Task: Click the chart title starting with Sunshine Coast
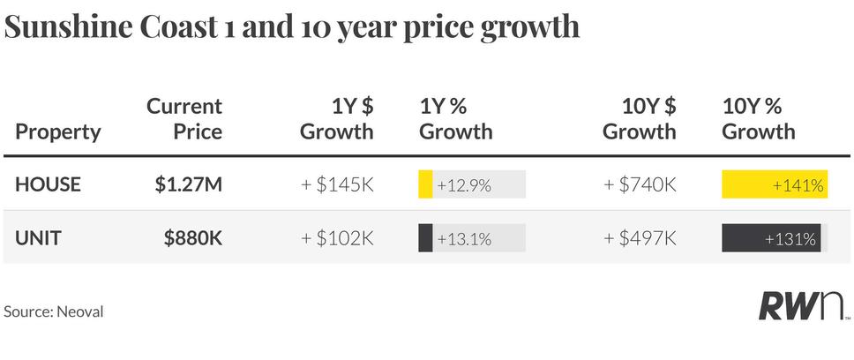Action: click(291, 26)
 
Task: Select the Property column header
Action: click(58, 132)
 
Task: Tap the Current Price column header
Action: click(184, 119)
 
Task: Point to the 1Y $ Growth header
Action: click(337, 119)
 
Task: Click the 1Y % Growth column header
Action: click(456, 119)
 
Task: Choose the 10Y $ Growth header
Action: click(640, 119)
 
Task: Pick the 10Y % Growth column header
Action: click(759, 119)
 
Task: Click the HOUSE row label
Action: click(48, 184)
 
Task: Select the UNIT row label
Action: click(38, 238)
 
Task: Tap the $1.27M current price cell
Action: click(189, 184)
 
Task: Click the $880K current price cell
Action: click(193, 238)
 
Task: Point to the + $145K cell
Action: click(337, 184)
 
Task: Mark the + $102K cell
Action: click(337, 238)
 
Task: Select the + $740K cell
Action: click(640, 184)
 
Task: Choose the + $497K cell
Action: click(640, 238)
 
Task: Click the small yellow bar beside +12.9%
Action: click(425, 184)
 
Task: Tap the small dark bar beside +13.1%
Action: click(425, 238)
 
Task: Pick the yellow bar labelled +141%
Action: click(775, 184)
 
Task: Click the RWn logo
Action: click(803, 306)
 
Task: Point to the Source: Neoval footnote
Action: click(53, 311)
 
